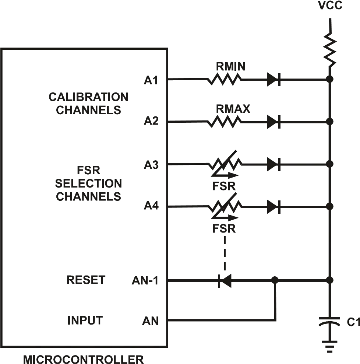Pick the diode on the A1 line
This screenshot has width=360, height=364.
pos(274,79)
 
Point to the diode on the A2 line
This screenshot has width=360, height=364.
pos(274,122)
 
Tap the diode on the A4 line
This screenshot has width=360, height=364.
pos(274,207)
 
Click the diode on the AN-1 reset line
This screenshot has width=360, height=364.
pos(224,281)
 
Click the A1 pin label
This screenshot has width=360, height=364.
pos(151,80)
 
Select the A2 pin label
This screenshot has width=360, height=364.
pos(151,122)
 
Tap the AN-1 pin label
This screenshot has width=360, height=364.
pos(145,281)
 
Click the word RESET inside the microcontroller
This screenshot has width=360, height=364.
pos(85,280)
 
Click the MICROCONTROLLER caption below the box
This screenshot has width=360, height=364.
pos(84,359)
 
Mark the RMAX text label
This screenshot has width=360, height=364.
pos(232,109)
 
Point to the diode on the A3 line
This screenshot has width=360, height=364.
pos(274,165)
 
